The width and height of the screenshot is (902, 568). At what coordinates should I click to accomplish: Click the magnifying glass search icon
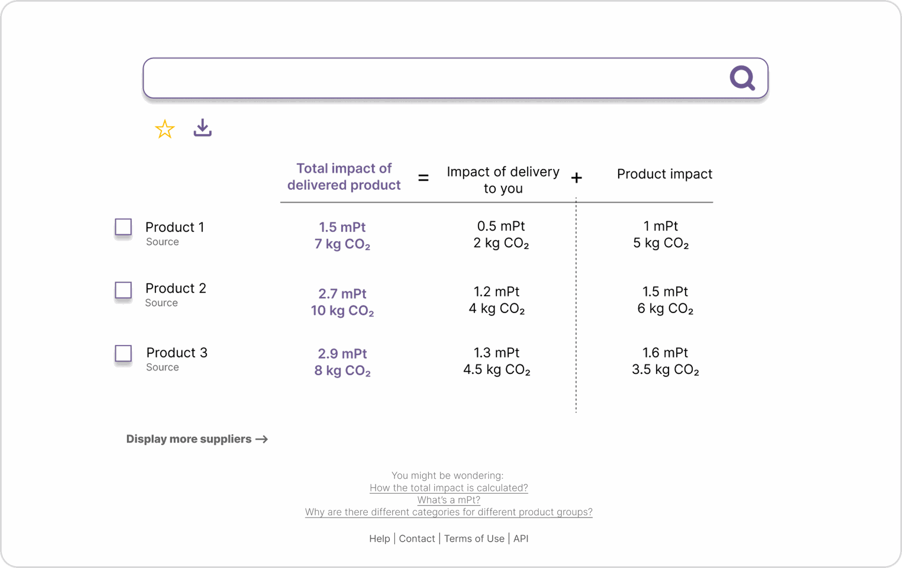[x=742, y=78]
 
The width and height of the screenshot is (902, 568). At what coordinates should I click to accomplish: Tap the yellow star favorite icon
[x=165, y=129]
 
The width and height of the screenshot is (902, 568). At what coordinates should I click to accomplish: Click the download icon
[x=202, y=128]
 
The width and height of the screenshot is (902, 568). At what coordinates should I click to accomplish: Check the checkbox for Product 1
[x=124, y=227]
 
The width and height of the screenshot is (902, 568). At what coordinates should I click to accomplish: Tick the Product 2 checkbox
[x=124, y=290]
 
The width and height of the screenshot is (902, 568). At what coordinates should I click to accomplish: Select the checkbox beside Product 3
[x=124, y=353]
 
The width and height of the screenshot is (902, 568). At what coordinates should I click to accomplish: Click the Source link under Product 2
[x=161, y=303]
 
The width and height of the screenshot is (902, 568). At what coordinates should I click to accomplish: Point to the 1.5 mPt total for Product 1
[x=342, y=227]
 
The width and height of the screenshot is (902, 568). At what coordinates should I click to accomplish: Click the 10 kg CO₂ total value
[x=342, y=311]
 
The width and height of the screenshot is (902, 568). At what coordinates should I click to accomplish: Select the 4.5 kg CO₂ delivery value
[x=497, y=370]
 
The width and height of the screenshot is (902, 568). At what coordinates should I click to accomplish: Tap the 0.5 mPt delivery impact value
[x=501, y=226]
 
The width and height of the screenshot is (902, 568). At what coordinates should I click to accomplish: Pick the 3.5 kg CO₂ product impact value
[x=665, y=370]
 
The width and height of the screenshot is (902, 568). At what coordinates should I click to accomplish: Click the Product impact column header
[x=664, y=174]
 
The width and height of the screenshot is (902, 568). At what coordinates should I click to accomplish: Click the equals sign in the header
[x=423, y=178]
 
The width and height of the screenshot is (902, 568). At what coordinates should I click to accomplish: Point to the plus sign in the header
[x=576, y=178]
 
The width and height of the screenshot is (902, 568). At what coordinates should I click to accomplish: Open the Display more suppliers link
[x=197, y=439]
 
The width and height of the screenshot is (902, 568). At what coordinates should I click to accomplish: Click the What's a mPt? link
[x=449, y=500]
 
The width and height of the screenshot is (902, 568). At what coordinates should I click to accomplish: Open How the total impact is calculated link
[x=449, y=488]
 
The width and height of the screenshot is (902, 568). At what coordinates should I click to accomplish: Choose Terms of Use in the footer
[x=474, y=539]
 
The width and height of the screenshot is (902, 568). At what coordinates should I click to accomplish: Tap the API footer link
[x=521, y=539]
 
